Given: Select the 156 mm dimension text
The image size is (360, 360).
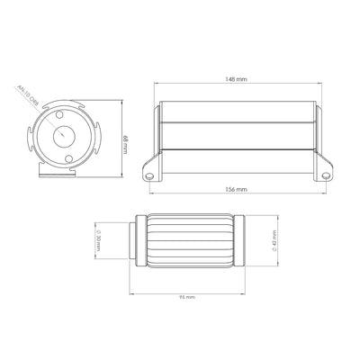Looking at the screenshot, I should [239, 192].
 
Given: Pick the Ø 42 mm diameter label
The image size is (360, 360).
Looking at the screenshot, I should [269, 242].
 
